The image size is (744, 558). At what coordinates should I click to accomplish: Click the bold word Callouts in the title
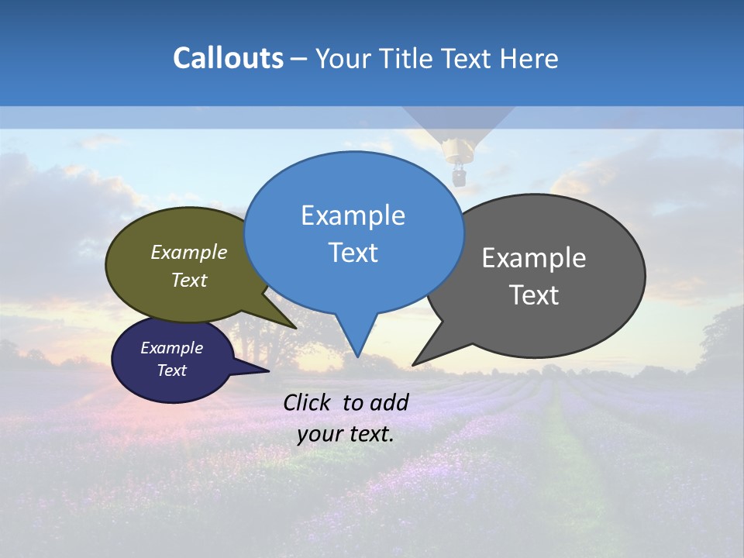[228, 58]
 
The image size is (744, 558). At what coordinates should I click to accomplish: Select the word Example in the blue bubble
[353, 215]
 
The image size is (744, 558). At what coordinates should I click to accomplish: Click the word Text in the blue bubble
[353, 253]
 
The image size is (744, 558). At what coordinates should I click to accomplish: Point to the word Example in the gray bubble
[534, 258]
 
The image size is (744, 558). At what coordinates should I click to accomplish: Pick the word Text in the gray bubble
[534, 295]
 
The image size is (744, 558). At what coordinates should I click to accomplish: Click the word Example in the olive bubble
[189, 253]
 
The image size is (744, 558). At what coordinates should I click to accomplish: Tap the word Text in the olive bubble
[189, 281]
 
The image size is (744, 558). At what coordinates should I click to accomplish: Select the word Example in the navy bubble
[171, 348]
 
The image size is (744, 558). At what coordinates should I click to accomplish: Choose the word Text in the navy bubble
[171, 370]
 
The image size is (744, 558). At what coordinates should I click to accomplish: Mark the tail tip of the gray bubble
[413, 364]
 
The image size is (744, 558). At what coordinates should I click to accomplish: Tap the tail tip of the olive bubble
[295, 328]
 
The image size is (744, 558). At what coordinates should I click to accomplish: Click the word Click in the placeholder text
[307, 402]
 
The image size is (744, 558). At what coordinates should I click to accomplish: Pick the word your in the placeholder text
[318, 434]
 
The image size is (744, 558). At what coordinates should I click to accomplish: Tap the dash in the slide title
[299, 59]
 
